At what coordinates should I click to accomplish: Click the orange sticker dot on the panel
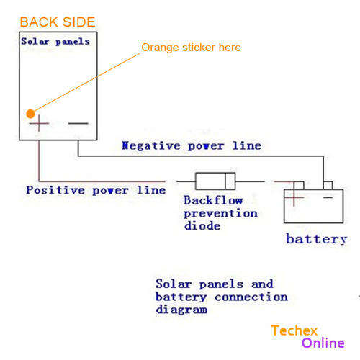coord(30,114)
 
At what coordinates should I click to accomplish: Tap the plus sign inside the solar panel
coord(39,123)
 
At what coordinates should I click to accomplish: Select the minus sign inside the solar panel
coord(78,123)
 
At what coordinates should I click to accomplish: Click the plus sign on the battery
coord(294,197)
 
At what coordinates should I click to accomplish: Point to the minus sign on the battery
coord(328,197)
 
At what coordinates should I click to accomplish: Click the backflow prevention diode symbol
coord(215,181)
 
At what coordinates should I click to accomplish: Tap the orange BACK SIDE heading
coord(58,22)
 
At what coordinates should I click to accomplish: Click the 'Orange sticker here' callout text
coord(191,48)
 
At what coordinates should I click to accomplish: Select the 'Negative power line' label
coord(192,145)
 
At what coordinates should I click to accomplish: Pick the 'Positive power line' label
coord(96,190)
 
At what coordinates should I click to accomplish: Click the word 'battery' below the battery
coord(317,239)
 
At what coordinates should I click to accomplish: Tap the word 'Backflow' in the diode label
coord(213,200)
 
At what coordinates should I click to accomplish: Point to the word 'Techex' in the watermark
coord(294,330)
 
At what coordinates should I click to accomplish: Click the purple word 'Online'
coord(323,343)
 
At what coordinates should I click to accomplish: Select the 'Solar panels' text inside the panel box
coord(55,42)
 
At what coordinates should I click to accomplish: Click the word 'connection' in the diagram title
coord(251,297)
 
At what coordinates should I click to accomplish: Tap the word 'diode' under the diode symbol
coord(202,225)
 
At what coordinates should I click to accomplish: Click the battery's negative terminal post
coord(328,185)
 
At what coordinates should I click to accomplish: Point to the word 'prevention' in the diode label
coord(221,213)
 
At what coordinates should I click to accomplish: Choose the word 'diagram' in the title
coord(181,310)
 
